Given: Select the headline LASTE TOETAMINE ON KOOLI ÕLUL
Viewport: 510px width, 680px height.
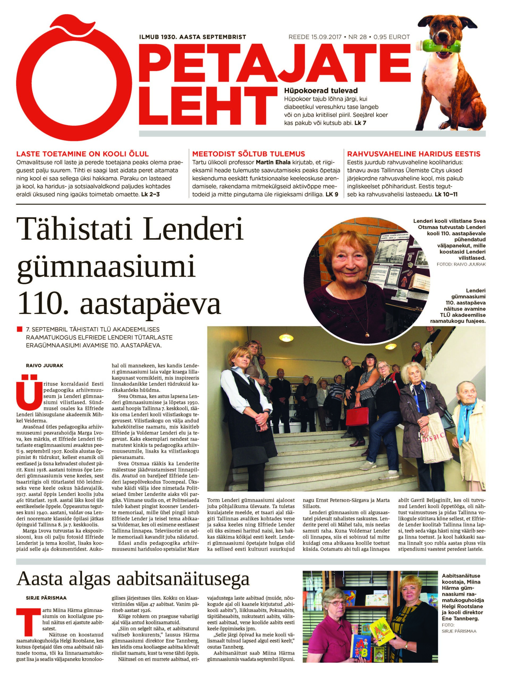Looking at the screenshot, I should click(x=82, y=154).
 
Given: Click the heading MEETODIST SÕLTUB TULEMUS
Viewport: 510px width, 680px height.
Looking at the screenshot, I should click(x=248, y=154).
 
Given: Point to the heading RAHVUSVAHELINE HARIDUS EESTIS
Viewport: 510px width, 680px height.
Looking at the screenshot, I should click(x=414, y=154).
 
